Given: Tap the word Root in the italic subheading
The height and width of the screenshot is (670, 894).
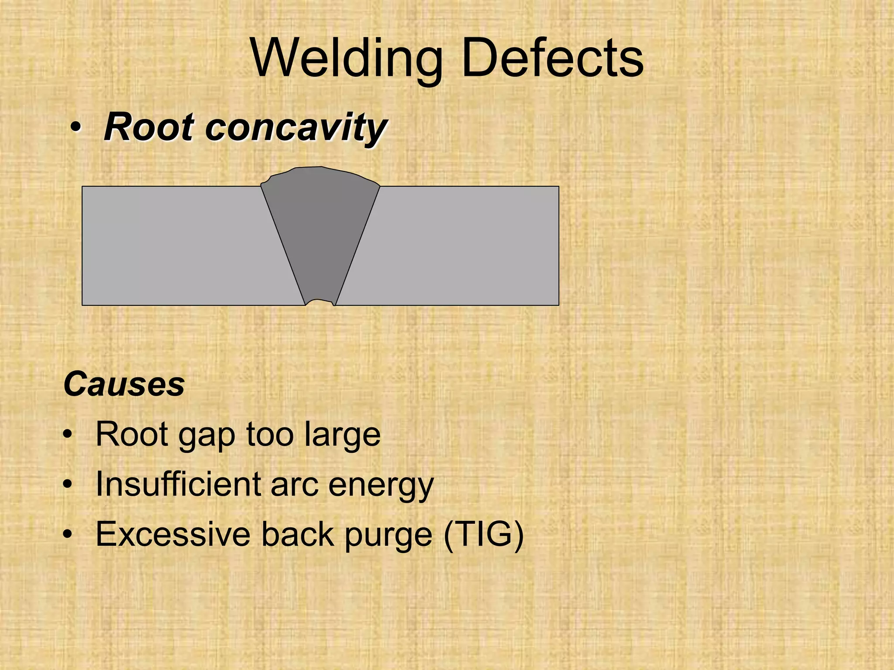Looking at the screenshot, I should coord(148,127).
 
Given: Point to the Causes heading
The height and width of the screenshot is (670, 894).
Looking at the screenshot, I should coord(124,384).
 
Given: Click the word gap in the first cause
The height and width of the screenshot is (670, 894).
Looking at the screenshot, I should coord(207,435).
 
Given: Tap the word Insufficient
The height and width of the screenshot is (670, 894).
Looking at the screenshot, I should coord(179,484).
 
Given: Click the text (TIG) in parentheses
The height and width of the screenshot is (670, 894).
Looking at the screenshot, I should coord(483,534).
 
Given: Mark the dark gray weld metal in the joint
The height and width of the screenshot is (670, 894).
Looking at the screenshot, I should coord(320,236).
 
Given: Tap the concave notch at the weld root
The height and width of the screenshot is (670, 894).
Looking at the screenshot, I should coord(320,302).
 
